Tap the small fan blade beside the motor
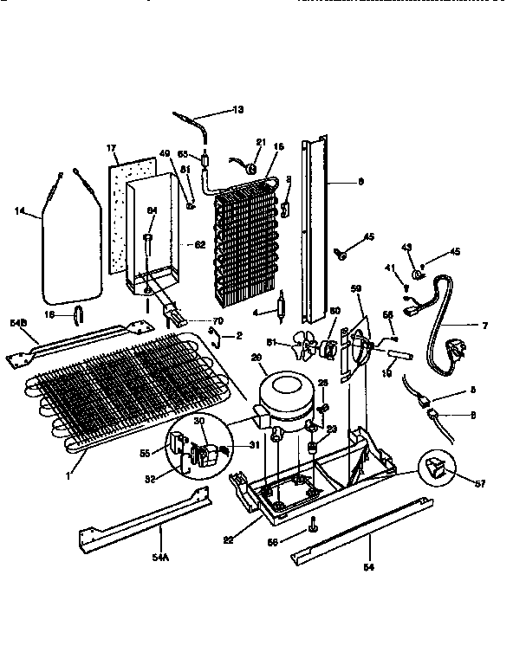(x=304, y=348)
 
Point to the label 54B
(x=18, y=323)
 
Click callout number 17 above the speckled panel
(x=111, y=148)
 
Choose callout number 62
(x=199, y=244)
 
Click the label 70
(x=218, y=320)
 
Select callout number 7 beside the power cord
(x=485, y=325)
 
